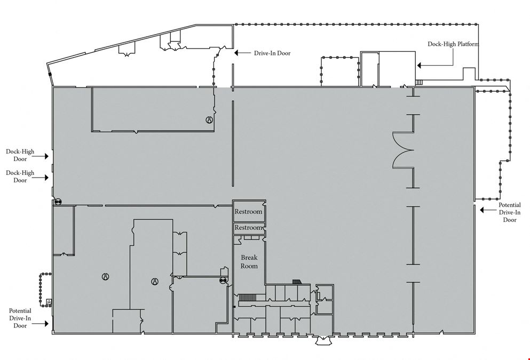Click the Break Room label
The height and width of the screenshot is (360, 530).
click(249, 262)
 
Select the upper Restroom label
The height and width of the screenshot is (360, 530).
click(248, 212)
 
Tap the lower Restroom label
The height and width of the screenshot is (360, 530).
click(248, 228)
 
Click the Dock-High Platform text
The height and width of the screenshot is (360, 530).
click(453, 44)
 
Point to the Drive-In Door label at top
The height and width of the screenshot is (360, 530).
click(272, 53)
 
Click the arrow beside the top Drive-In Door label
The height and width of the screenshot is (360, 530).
click(243, 53)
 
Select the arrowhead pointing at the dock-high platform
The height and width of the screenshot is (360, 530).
click(419, 65)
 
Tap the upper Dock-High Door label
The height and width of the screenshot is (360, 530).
click(20, 155)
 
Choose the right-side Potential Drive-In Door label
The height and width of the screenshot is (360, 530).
click(510, 212)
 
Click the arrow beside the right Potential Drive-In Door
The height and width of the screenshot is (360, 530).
click(488, 210)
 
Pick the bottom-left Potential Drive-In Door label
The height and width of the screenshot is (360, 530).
click(20, 318)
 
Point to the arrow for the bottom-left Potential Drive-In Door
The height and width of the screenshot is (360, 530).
click(40, 324)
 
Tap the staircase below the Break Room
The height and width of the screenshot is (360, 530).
click(248, 298)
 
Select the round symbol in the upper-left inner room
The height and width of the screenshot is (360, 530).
click(209, 119)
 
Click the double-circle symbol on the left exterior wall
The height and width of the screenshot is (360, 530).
click(58, 202)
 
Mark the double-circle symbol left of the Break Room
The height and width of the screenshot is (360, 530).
click(223, 281)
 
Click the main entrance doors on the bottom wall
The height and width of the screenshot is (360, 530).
click(323, 340)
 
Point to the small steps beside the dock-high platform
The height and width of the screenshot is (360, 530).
click(419, 82)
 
